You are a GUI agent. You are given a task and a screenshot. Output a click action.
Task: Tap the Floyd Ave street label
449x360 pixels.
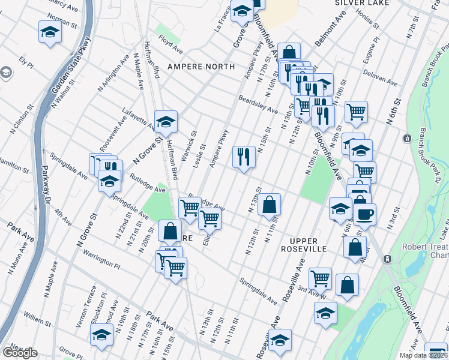(170, 44)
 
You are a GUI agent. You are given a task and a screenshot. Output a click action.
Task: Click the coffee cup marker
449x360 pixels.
(364, 214)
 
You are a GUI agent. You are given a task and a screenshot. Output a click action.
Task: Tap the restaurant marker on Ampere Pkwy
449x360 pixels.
(244, 157)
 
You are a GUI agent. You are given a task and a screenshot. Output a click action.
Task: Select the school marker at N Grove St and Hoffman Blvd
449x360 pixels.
(166, 122)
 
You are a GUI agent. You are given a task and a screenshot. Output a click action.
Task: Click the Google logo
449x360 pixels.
(20, 353)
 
